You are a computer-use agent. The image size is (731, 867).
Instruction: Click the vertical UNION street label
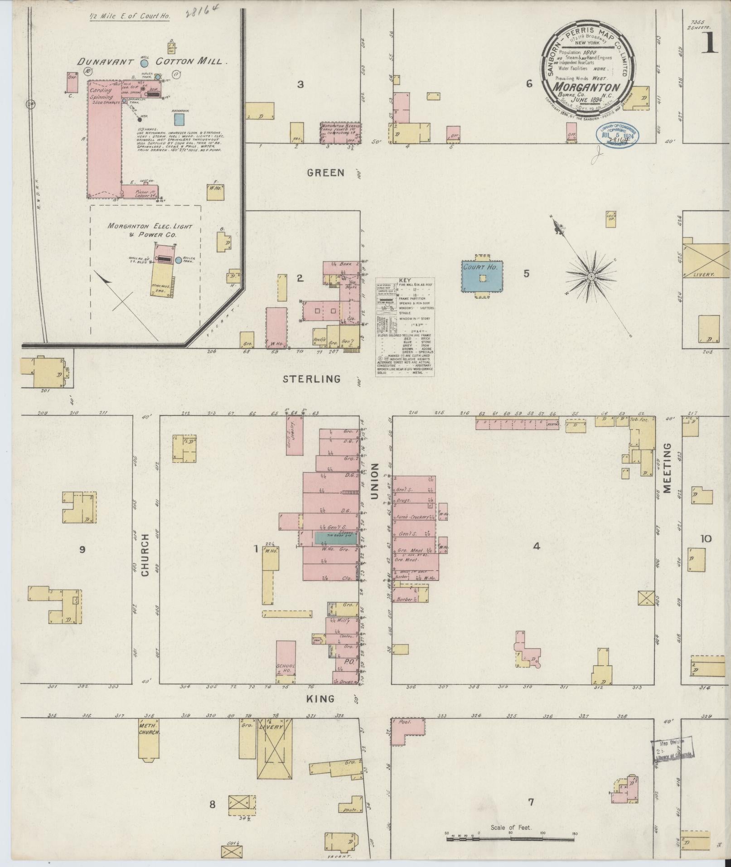(x=374, y=481)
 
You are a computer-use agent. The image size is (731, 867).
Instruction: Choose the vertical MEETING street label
(x=667, y=468)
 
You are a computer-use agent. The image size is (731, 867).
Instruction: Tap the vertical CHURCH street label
(x=145, y=555)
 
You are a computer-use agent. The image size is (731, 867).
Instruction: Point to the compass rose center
(x=591, y=276)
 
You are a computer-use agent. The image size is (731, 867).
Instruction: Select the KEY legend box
(x=405, y=326)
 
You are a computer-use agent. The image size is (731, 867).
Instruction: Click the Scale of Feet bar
(x=511, y=839)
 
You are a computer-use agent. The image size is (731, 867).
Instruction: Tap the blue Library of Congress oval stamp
(x=617, y=135)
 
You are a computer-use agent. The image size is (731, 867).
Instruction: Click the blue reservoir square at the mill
(x=179, y=119)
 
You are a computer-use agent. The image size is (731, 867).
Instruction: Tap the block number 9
(x=82, y=550)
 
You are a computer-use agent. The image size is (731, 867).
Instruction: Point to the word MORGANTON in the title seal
(x=587, y=87)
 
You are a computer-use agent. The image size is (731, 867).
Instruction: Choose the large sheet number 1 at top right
(x=710, y=44)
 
